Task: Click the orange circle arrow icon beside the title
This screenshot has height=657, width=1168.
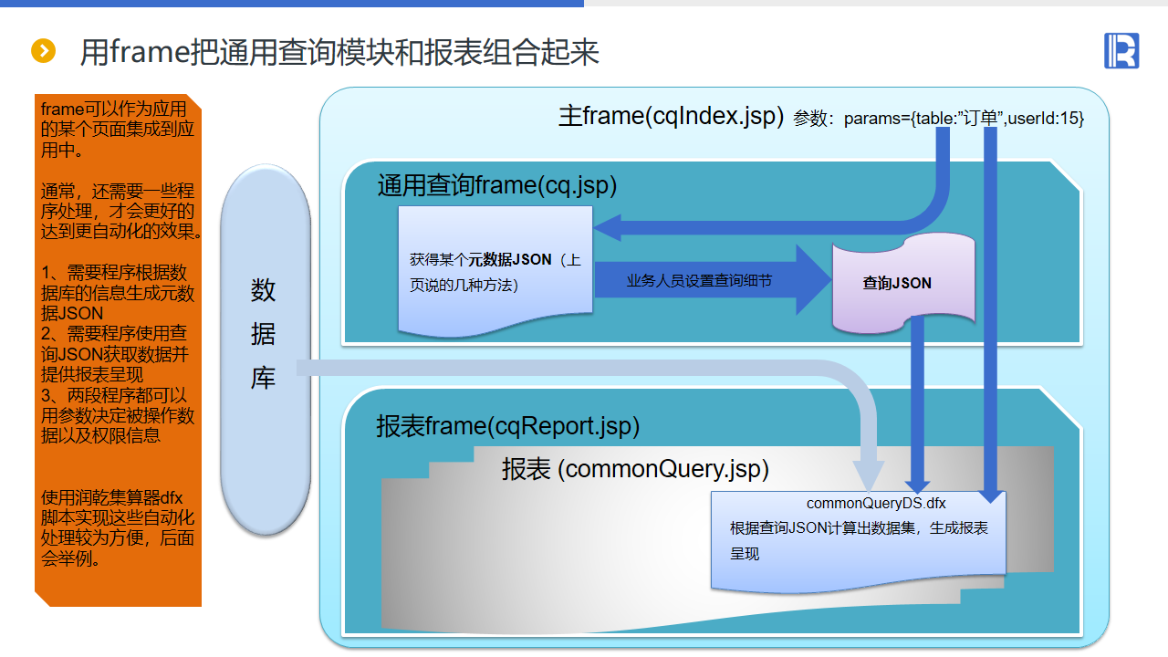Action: (43, 51)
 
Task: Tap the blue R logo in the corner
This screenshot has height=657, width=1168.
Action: (1121, 50)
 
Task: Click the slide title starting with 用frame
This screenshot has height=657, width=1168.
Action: (339, 52)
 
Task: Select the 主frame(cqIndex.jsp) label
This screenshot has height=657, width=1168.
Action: (671, 117)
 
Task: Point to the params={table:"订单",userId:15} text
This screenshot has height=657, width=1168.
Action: (964, 119)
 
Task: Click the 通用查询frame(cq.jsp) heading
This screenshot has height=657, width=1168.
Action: (497, 185)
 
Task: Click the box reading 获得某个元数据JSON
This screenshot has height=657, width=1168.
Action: (495, 272)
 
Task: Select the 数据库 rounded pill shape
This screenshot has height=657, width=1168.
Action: (265, 349)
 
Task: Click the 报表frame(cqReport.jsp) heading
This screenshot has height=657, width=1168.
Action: (507, 426)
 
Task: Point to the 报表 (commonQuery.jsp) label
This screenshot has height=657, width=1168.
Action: (635, 469)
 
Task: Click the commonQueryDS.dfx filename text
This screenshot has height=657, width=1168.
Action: (876, 504)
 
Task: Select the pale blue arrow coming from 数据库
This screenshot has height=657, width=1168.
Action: (584, 368)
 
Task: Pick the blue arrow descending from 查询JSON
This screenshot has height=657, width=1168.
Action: (919, 401)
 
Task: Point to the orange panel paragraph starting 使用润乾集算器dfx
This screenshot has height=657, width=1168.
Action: (117, 528)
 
